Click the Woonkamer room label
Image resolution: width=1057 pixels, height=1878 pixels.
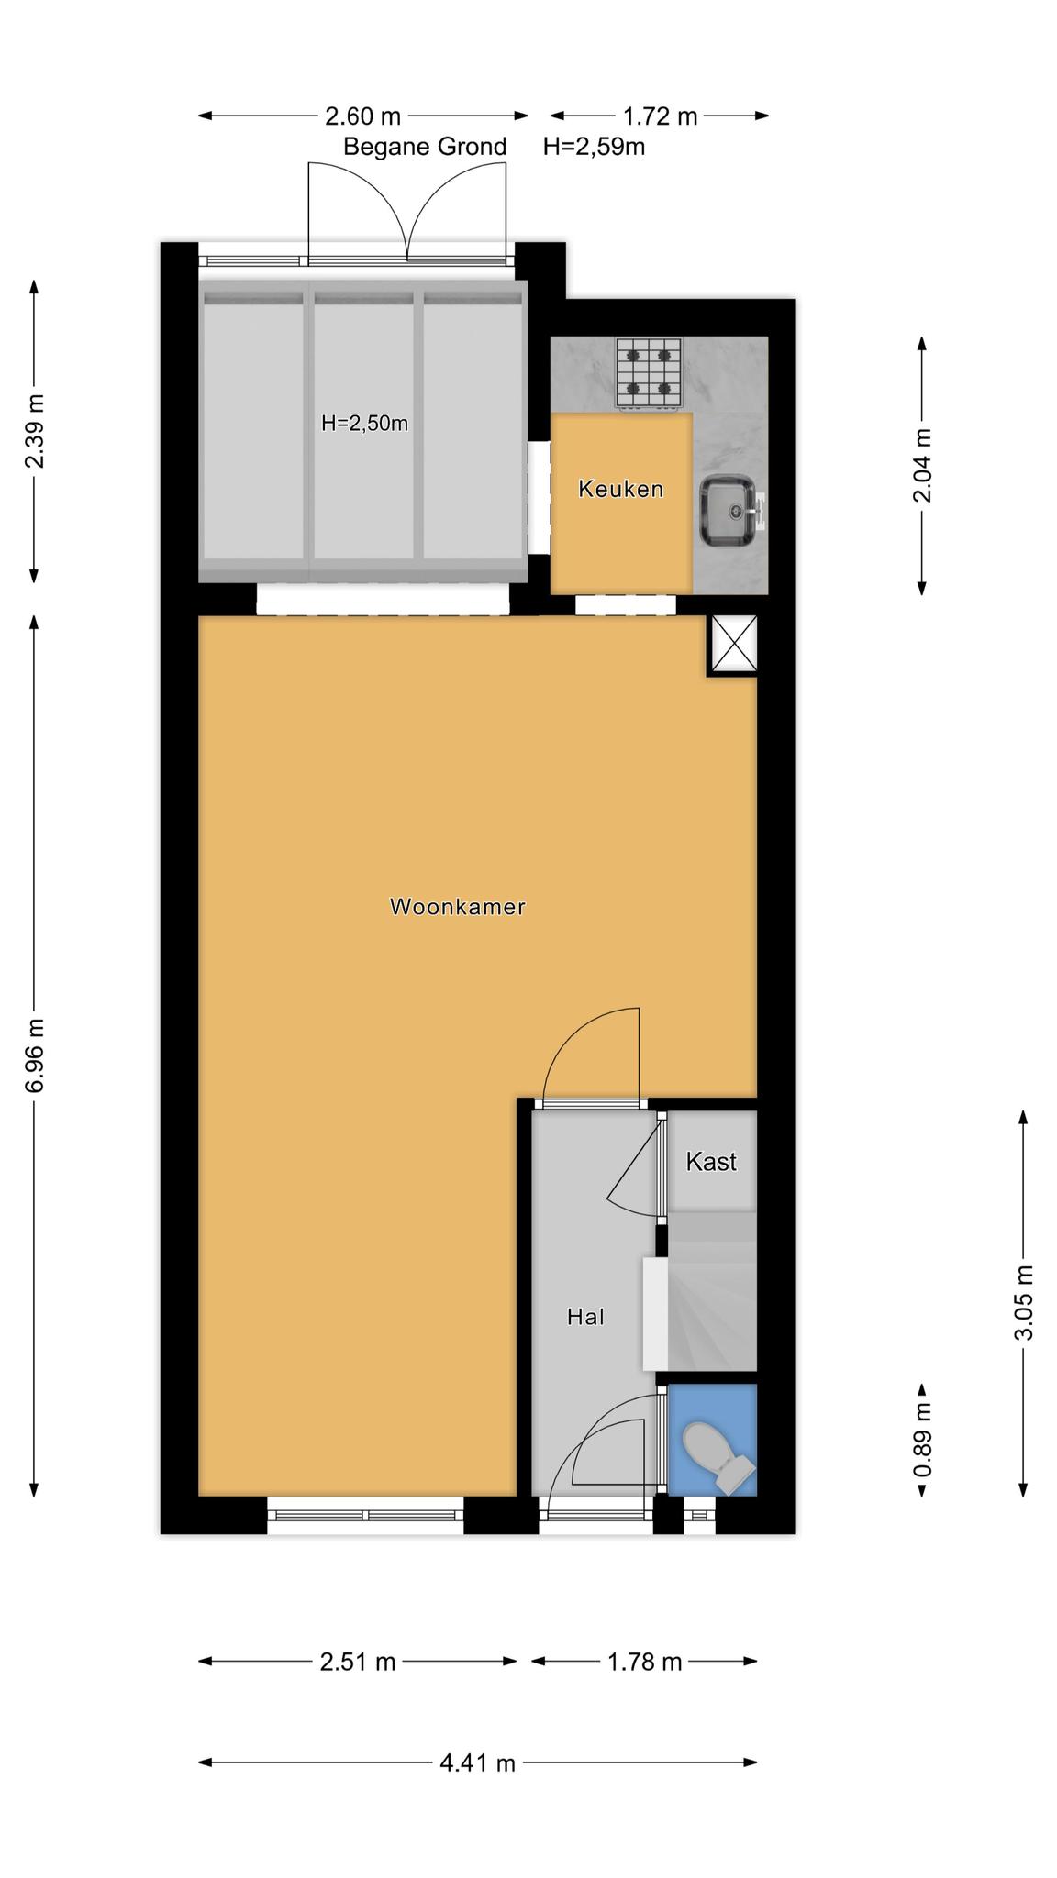tap(457, 907)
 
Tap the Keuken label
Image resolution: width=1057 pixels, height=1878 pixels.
tap(620, 489)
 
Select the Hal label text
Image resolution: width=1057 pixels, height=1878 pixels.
tap(585, 1317)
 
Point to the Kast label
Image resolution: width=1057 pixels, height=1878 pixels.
tap(711, 1162)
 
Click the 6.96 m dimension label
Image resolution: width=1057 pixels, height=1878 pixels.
tap(35, 1055)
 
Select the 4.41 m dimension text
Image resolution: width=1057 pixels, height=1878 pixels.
tap(477, 1762)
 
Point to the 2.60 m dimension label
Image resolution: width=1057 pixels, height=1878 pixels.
tap(363, 116)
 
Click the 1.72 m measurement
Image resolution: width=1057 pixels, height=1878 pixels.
tap(661, 116)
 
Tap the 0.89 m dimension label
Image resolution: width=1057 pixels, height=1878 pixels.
tap(922, 1441)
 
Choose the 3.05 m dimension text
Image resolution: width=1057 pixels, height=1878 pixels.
tap(1024, 1302)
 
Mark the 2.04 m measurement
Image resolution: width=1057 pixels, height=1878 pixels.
tap(922, 465)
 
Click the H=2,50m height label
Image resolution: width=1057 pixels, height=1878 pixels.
tap(364, 424)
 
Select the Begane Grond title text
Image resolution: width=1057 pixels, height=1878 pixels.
tap(425, 147)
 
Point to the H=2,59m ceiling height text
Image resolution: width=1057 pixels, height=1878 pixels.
tap(594, 147)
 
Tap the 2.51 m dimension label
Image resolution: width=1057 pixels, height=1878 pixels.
tap(358, 1662)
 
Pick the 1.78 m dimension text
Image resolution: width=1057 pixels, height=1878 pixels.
tap(645, 1662)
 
